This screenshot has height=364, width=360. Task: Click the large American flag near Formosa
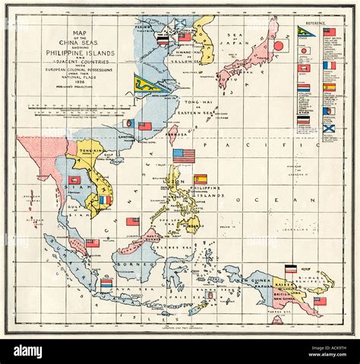(184, 156)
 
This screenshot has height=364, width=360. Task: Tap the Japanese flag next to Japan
(278, 46)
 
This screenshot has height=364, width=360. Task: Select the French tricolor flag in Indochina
(105, 200)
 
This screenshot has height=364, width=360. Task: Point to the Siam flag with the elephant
(75, 180)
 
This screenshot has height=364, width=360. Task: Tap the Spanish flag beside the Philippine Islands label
(201, 180)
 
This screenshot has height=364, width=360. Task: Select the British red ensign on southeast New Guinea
(320, 301)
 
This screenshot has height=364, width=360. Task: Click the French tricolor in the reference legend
(328, 65)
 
